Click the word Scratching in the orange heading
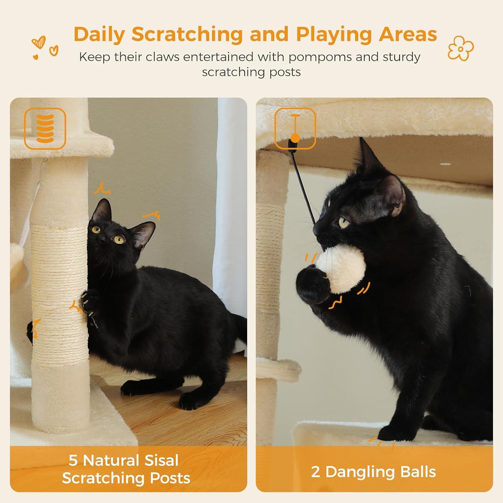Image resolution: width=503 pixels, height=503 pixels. pos(187,34)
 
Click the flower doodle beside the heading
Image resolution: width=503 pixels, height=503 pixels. pos(461,48)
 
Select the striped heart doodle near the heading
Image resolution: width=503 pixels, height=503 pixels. pos(38,43)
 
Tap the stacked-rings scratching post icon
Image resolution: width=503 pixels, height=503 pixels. pos(45,128)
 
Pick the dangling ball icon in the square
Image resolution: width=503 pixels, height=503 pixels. pos(295,128)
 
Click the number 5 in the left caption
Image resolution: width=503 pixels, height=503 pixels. pos(73,460)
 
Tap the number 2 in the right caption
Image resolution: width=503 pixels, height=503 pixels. pos(316,472)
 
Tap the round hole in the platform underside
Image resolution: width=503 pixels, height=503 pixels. pos(445,165)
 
